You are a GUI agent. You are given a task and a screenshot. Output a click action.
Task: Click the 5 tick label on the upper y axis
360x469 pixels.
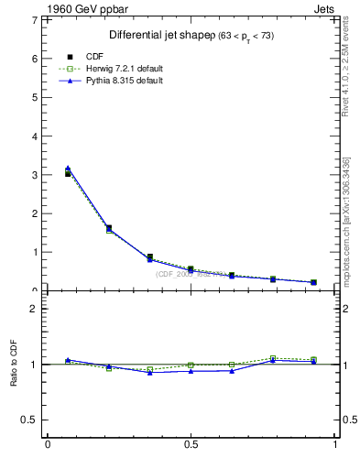tap(34, 97)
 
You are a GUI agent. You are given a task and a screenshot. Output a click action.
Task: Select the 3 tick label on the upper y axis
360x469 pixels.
tap(34, 174)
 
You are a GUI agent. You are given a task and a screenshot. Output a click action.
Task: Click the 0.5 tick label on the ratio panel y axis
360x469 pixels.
tap(29, 420)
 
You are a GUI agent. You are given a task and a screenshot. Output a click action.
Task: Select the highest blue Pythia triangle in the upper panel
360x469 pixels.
tap(68, 169)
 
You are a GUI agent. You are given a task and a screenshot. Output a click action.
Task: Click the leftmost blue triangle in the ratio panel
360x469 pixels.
tap(68, 360)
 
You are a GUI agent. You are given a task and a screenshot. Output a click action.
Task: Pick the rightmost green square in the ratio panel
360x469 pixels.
tap(313, 360)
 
